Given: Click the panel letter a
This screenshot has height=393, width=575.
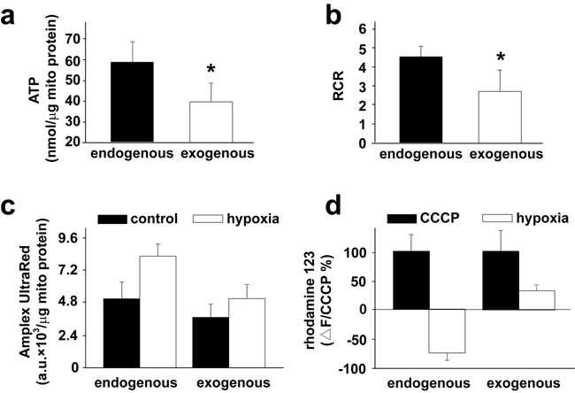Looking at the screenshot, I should click(11, 17).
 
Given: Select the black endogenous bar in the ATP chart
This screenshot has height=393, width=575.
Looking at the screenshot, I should click(132, 102).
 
